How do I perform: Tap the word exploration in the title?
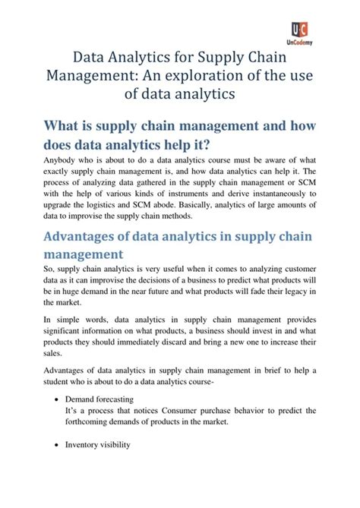click(213, 75)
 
